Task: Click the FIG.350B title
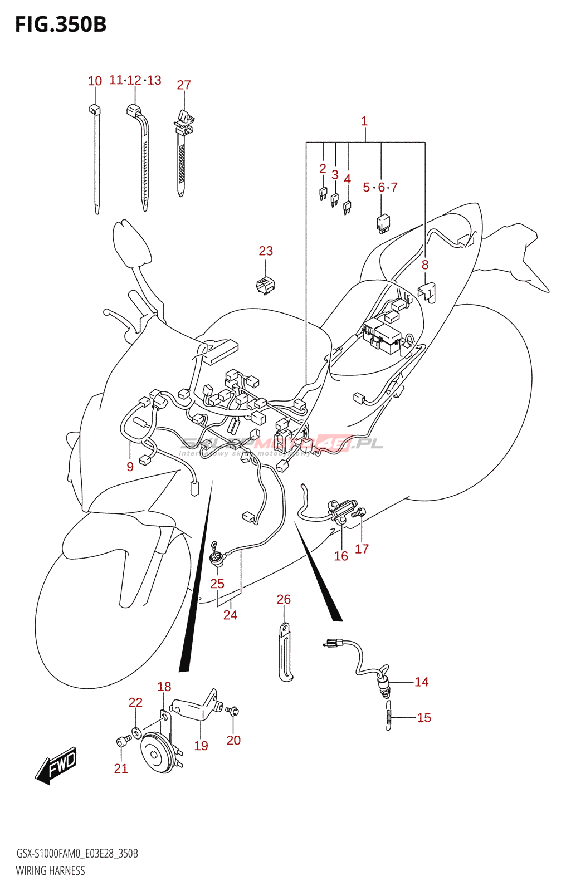[60, 25]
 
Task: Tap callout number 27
[184, 85]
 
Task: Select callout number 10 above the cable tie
[95, 81]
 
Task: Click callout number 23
[266, 251]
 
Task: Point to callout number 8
[425, 265]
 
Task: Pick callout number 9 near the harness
[130, 467]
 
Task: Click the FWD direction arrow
[56, 765]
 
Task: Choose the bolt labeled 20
[233, 711]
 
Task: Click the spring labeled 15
[388, 715]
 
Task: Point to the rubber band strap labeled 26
[285, 652]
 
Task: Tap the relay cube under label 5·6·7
[383, 223]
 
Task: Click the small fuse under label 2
[323, 194]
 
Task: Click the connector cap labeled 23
[265, 285]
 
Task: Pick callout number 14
[422, 682]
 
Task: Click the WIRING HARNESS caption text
[50, 871]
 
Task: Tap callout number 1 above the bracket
[364, 121]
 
